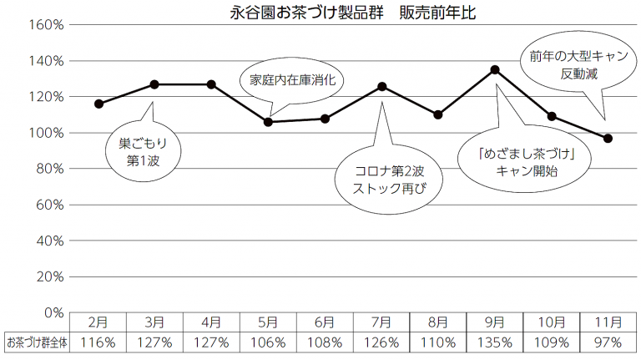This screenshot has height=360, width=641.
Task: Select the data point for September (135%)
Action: [x=495, y=69]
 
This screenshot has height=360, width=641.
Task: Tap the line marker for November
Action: [x=608, y=138]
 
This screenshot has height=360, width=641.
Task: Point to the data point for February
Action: [x=98, y=104]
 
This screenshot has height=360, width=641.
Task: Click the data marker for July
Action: [x=381, y=86]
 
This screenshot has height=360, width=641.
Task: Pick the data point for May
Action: [x=268, y=122]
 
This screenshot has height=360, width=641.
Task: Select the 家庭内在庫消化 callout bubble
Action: [x=298, y=83]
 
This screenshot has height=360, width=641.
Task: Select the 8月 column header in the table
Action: [x=438, y=322]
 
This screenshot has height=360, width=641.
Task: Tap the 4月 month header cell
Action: [x=211, y=322]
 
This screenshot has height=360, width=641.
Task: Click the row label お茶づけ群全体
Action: [x=35, y=342]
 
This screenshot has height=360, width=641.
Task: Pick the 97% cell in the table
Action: [x=608, y=342]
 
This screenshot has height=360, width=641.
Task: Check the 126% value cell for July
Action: [x=381, y=342]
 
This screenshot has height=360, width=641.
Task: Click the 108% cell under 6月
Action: [x=325, y=342]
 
